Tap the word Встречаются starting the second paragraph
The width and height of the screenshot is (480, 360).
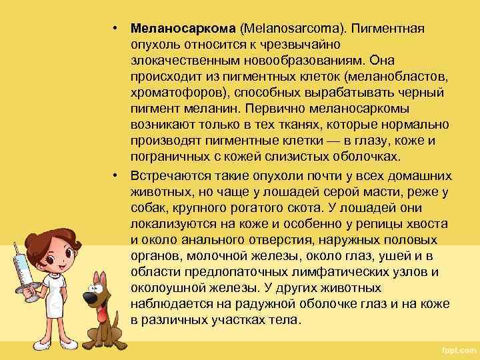(172, 176)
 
